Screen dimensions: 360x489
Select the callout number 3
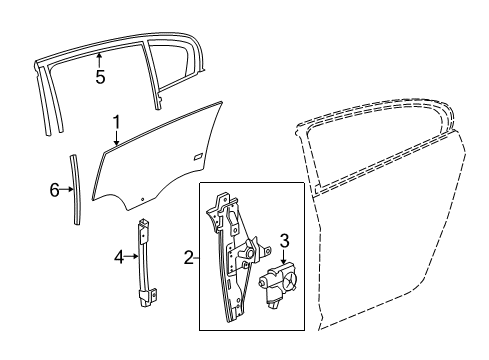(x=284, y=239)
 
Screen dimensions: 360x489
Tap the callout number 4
(x=118, y=257)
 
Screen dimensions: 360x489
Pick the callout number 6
(x=55, y=188)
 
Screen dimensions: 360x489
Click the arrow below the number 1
(x=116, y=139)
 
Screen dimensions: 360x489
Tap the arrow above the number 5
(x=100, y=58)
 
